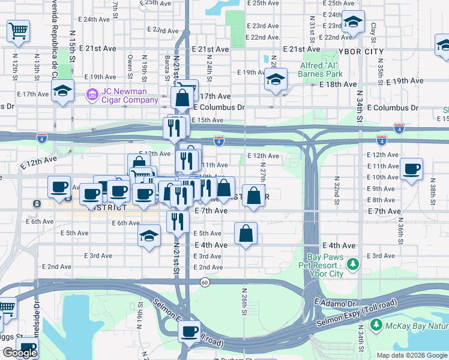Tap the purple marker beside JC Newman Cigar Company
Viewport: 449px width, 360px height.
click(92, 95)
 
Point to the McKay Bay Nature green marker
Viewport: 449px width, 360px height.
click(376, 326)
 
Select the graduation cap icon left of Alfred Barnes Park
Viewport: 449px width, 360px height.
click(276, 80)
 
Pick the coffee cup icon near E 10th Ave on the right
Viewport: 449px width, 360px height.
click(412, 169)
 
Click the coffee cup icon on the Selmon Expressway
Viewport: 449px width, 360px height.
click(190, 331)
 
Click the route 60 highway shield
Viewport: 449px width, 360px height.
click(205, 283)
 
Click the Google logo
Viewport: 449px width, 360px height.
click(20, 353)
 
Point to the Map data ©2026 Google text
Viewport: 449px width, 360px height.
click(411, 355)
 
